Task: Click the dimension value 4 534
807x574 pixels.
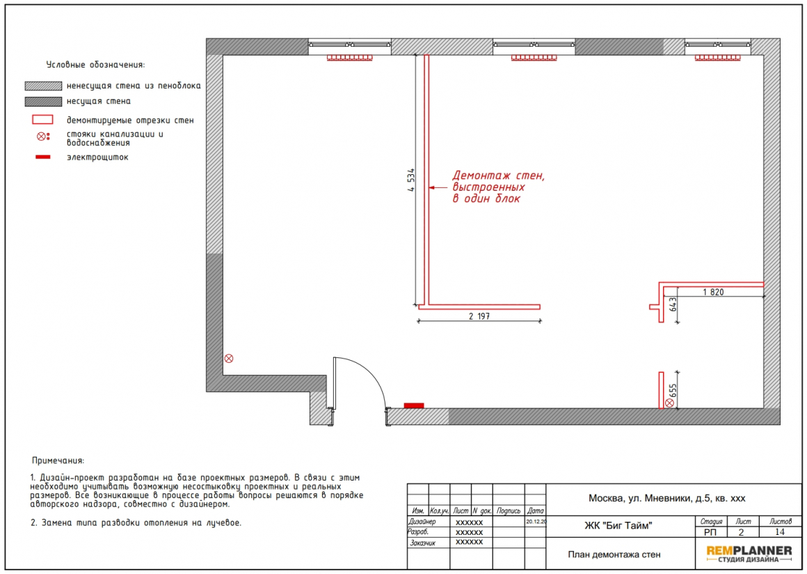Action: pyautogui.click(x=410, y=180)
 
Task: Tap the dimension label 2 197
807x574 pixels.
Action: pyautogui.click(x=479, y=316)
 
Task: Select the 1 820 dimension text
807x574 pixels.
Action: pyautogui.click(x=713, y=292)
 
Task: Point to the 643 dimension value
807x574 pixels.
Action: pyautogui.click(x=673, y=305)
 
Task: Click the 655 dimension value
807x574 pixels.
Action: pyautogui.click(x=673, y=391)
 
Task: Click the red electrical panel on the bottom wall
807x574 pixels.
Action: pyautogui.click(x=414, y=405)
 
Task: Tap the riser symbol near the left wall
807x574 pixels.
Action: pyautogui.click(x=229, y=359)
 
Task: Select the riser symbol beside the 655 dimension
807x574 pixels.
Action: pyautogui.click(x=669, y=403)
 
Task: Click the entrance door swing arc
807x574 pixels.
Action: pyautogui.click(x=371, y=372)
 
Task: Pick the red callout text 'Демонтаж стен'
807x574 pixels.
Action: pyautogui.click(x=498, y=176)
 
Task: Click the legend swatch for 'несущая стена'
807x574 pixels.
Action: pyautogui.click(x=43, y=102)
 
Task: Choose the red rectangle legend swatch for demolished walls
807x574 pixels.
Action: pyautogui.click(x=42, y=120)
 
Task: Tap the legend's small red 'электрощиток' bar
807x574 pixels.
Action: pyautogui.click(x=42, y=157)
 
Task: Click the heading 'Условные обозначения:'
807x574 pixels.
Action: pyautogui.click(x=96, y=65)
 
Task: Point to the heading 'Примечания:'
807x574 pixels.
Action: pyautogui.click(x=58, y=460)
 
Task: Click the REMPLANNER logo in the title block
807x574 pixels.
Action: pyautogui.click(x=749, y=554)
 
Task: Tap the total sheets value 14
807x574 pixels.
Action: pyautogui.click(x=780, y=532)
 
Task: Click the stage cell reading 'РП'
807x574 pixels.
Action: pyautogui.click(x=710, y=532)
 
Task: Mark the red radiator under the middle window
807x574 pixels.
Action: pyautogui.click(x=534, y=58)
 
